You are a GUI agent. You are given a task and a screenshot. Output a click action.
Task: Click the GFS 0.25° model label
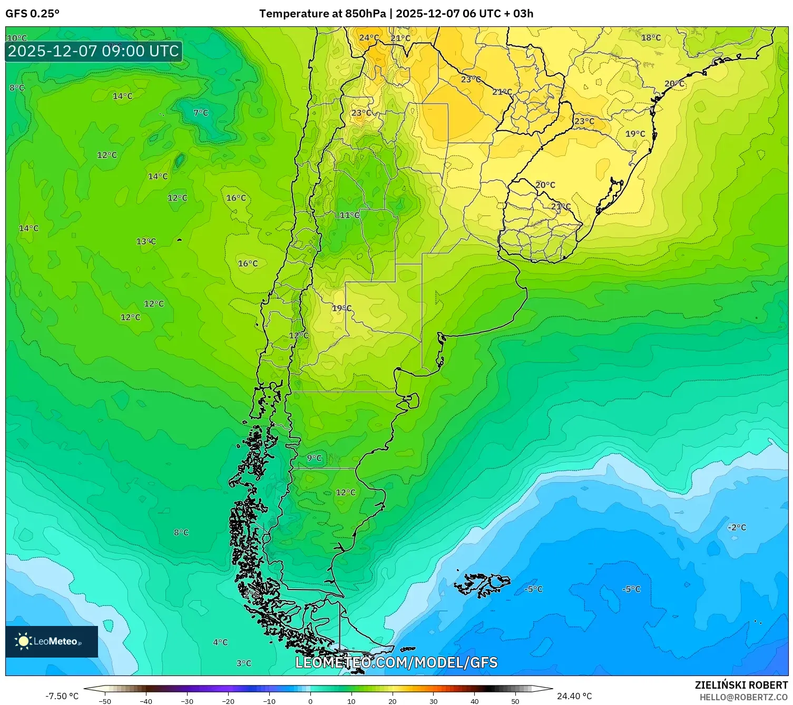coord(32,14)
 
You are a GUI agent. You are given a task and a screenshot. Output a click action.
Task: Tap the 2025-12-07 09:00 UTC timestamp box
coord(94,51)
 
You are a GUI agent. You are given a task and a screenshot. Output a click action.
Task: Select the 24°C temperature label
coord(369,37)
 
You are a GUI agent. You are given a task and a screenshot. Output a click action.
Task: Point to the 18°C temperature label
coord(651,37)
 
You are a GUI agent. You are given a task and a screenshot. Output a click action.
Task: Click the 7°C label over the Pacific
coord(201,113)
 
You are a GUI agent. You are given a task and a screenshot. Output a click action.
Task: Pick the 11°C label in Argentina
coord(349,215)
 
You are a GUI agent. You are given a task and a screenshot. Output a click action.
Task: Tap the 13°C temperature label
coord(146,241)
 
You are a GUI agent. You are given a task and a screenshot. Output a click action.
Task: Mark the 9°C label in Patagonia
coord(315,458)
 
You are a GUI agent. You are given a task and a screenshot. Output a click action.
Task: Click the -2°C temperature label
coord(737,527)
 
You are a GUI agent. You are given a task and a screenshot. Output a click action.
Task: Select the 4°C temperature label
coord(220,642)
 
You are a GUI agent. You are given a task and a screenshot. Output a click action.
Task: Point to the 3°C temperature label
coord(243,663)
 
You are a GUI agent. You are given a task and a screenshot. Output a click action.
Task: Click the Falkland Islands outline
coord(482,584)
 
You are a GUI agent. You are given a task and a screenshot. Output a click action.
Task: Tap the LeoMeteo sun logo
coord(23,641)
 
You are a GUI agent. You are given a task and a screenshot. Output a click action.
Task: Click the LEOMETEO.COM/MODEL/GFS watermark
coord(396,662)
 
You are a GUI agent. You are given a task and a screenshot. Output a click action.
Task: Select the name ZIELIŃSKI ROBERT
coord(741,685)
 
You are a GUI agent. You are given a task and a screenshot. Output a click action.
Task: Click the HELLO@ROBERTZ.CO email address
coord(743,697)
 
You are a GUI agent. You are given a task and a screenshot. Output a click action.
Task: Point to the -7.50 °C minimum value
coord(62,696)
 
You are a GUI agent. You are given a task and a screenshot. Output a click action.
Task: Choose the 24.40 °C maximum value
coord(574,696)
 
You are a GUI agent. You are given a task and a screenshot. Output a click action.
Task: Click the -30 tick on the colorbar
coord(187,701)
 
